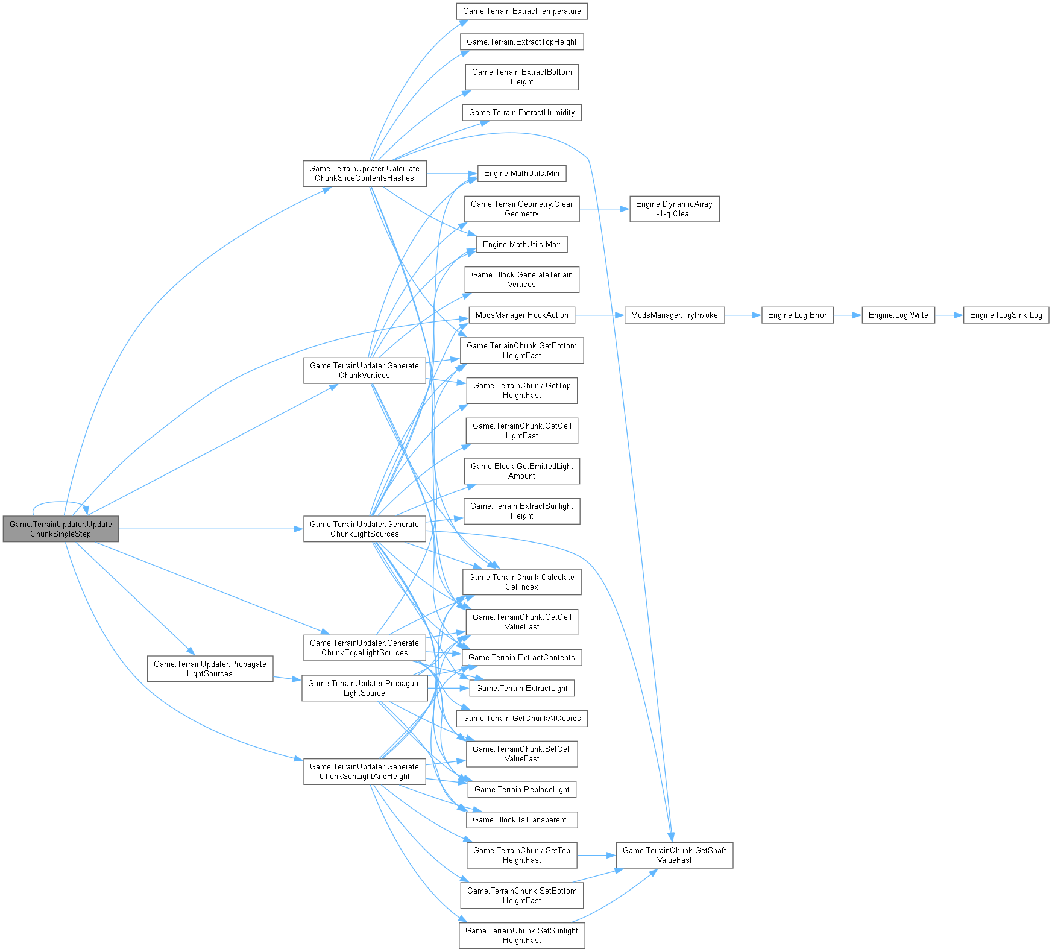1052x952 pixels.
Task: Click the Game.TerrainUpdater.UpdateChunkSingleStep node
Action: (61, 529)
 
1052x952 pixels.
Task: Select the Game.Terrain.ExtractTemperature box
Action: (521, 11)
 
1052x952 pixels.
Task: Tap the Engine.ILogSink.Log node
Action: (1006, 315)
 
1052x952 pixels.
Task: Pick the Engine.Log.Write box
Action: (898, 315)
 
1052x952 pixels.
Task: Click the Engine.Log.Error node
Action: (797, 315)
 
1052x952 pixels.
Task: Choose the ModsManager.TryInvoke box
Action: (673, 315)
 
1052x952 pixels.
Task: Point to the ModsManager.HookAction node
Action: (521, 315)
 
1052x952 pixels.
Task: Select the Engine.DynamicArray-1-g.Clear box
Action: (674, 209)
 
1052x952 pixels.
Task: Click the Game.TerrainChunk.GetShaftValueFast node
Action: (674, 855)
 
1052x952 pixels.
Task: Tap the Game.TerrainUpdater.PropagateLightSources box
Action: (210, 669)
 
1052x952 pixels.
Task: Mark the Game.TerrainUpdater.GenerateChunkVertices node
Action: (364, 370)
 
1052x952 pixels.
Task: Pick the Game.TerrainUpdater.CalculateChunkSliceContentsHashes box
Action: (364, 173)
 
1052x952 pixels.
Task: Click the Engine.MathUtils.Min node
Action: (521, 174)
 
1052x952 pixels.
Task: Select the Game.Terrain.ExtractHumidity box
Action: (521, 113)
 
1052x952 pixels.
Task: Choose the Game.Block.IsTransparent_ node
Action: (521, 819)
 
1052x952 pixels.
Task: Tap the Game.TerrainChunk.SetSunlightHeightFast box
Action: (521, 935)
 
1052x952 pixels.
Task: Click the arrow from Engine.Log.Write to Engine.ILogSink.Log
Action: (949, 315)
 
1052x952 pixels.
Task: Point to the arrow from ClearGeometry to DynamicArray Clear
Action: (604, 209)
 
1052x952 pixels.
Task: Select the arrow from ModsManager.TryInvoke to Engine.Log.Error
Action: (743, 315)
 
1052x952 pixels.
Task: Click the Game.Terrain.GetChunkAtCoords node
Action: (521, 719)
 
